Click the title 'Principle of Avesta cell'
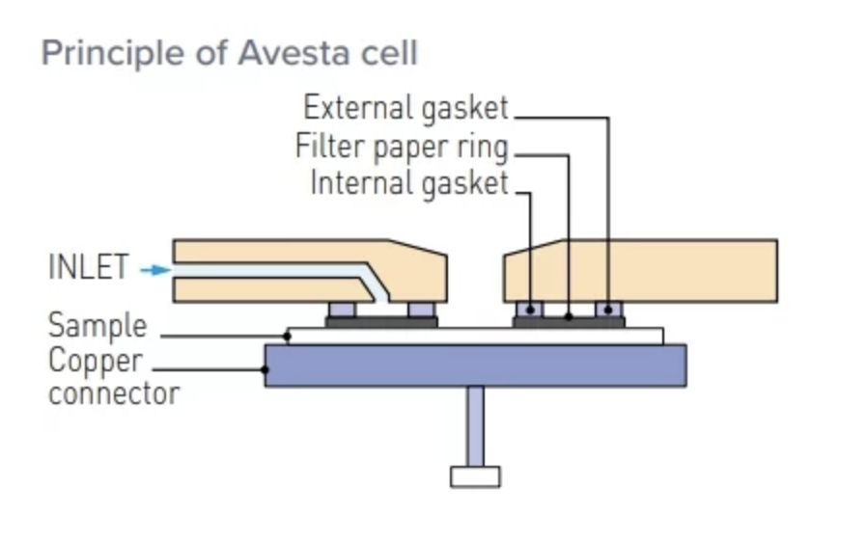click(x=230, y=52)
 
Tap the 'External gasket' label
click(x=406, y=108)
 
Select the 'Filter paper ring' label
click(x=402, y=148)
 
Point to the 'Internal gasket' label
click(x=408, y=182)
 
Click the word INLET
click(x=88, y=268)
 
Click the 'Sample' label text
click(x=98, y=325)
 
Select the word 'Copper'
click(x=96, y=362)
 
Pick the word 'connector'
click(x=114, y=393)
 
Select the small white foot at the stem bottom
click(x=475, y=476)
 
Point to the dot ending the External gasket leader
click(x=608, y=310)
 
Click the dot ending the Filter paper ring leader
click(x=569, y=316)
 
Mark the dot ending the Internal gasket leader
click(x=531, y=310)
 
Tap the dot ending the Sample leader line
click(x=288, y=336)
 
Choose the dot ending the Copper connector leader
click(x=266, y=368)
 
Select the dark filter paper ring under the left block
click(x=381, y=322)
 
